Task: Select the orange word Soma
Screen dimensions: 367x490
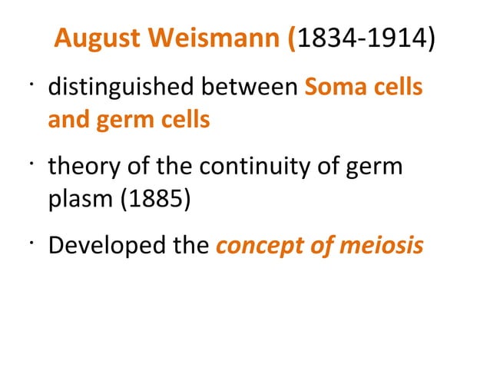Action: coord(336,88)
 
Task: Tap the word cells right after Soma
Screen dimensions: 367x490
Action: coord(398,88)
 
